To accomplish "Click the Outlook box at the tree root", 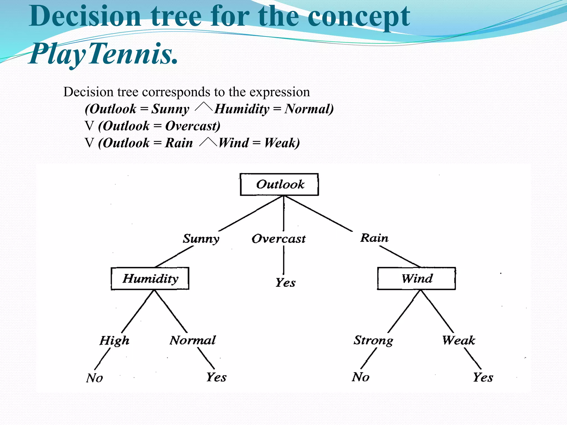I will click(x=279, y=185).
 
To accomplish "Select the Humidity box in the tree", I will click(x=150, y=278).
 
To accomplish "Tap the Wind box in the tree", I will click(x=416, y=278).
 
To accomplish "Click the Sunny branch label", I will click(x=201, y=239).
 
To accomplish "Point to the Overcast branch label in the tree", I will click(x=279, y=239).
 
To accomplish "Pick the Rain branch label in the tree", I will click(x=374, y=238).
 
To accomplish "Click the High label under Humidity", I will click(x=114, y=341).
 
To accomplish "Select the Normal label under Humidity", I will click(x=193, y=340).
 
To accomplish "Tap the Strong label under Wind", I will click(x=373, y=340).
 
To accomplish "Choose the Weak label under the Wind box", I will click(x=458, y=340).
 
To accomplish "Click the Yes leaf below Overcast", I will click(x=285, y=283).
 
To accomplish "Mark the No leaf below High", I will click(x=94, y=378).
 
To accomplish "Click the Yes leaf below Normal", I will click(x=217, y=377).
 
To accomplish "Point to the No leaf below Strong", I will click(x=361, y=377).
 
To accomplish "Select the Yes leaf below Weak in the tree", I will click(x=483, y=377).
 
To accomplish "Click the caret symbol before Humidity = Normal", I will click(x=203, y=107).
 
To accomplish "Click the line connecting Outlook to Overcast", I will click(x=284, y=213).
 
